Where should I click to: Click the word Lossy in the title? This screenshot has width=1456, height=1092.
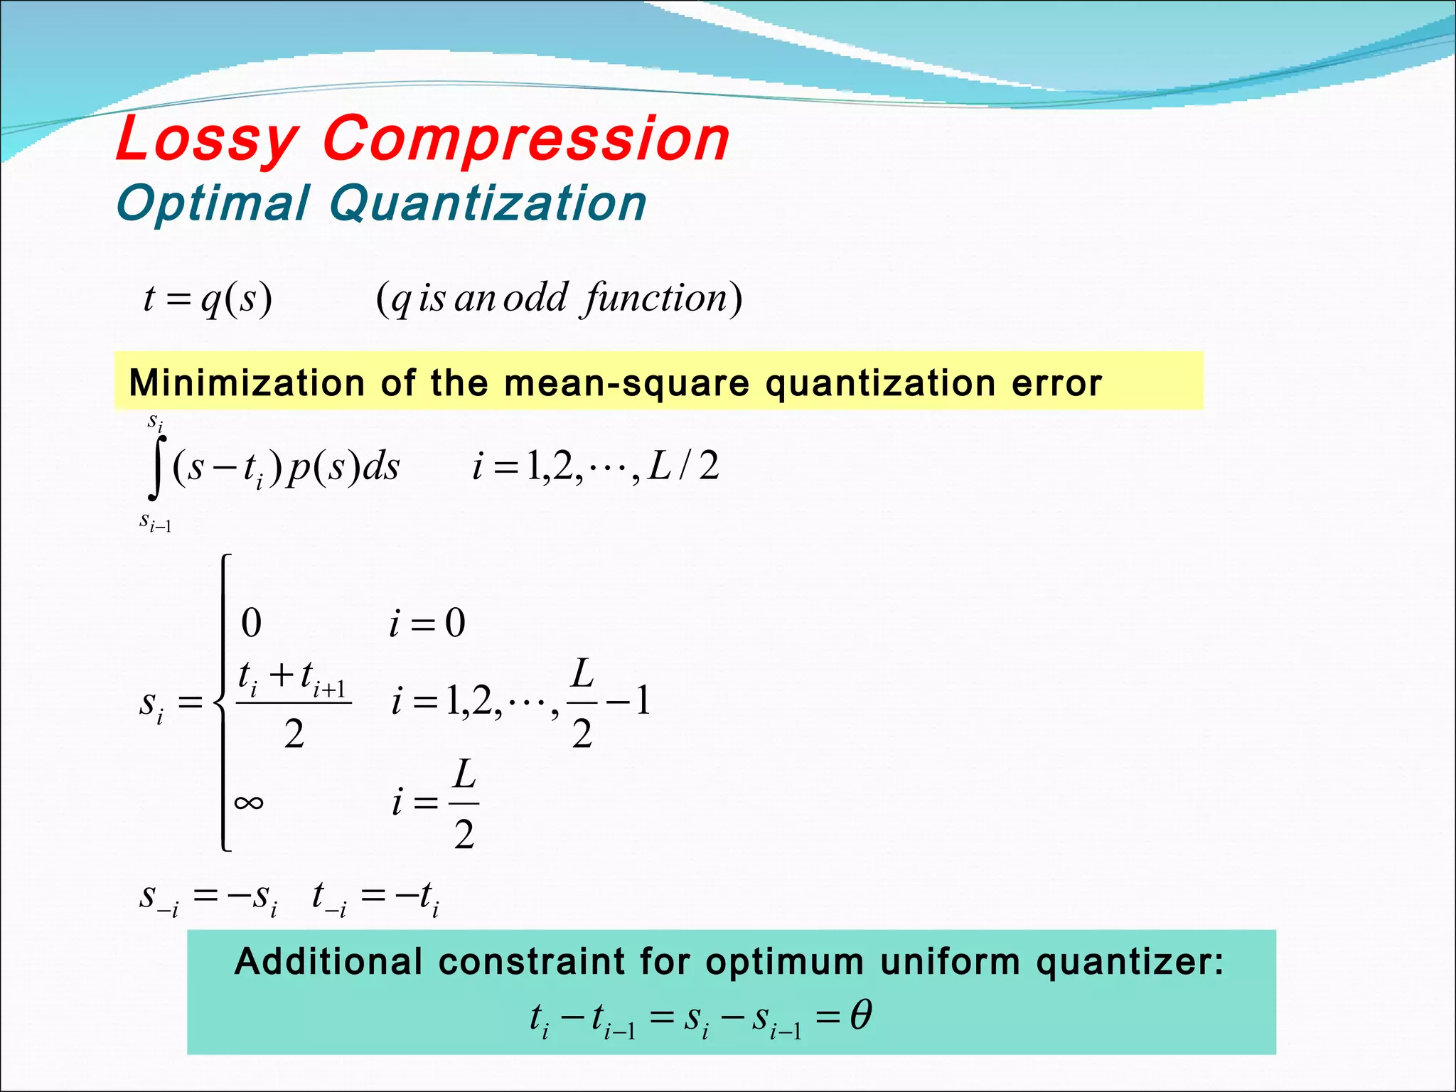tap(206, 139)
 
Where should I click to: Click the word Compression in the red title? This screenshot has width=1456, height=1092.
tap(526, 139)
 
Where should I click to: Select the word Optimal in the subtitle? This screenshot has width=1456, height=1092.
tap(213, 204)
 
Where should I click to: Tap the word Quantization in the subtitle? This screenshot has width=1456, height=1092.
tap(487, 204)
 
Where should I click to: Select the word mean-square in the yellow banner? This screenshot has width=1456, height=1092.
tap(626, 383)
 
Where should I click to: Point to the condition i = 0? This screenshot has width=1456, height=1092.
tap(427, 623)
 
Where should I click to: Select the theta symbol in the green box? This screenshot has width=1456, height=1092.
tap(860, 1015)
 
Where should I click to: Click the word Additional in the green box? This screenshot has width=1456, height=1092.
tap(328, 962)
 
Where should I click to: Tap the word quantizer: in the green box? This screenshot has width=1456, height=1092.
tap(1130, 962)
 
